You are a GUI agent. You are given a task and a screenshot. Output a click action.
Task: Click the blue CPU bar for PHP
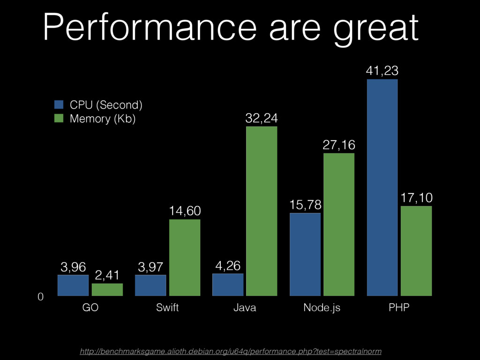click(382, 187)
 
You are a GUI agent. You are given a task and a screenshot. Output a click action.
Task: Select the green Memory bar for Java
click(262, 211)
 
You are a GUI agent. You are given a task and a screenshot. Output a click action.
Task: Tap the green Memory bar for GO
click(107, 290)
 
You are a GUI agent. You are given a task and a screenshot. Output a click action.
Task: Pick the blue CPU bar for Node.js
click(305, 255)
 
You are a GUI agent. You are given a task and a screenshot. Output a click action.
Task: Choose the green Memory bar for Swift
click(185, 257)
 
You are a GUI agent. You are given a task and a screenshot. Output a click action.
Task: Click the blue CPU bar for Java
click(228, 285)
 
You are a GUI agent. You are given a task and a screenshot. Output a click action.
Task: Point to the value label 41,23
click(382, 71)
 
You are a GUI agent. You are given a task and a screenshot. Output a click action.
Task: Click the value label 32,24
click(262, 119)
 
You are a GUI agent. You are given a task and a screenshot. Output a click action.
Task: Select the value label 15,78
click(305, 205)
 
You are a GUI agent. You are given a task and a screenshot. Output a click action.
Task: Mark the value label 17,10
click(416, 198)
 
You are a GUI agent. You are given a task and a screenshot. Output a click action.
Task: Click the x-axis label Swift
click(167, 308)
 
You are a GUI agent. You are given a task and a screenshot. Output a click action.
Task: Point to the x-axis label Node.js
click(322, 308)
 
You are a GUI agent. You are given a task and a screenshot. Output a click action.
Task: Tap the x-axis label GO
click(90, 308)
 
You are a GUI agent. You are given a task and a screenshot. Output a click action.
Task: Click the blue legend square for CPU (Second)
click(59, 104)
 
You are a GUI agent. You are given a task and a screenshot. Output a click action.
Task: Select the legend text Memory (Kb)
click(103, 119)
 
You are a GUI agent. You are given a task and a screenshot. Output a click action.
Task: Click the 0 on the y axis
click(40, 297)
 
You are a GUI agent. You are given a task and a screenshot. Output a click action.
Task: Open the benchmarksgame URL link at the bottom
click(231, 351)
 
